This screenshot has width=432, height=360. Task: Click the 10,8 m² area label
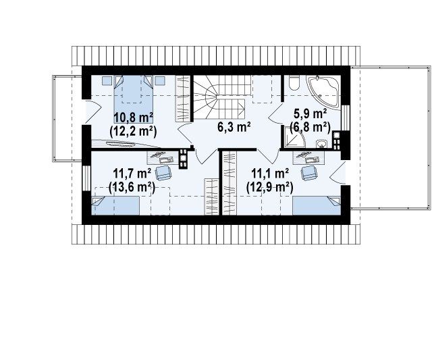point(134,118)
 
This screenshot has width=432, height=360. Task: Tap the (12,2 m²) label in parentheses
point(133,132)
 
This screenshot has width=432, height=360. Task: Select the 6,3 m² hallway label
point(234,127)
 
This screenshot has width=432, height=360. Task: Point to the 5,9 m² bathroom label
point(310,114)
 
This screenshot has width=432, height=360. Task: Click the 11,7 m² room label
point(132,174)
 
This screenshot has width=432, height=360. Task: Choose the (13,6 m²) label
point(132,188)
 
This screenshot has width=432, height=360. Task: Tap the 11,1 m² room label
point(270,174)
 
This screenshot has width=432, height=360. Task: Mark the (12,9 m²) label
point(269,188)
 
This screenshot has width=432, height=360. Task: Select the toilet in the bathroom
point(294,82)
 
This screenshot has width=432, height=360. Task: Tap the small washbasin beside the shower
point(321,144)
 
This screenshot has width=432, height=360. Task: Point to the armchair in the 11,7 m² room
point(163,173)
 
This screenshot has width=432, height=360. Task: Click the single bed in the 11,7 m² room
point(115,205)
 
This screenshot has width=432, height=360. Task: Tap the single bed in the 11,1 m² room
point(317,205)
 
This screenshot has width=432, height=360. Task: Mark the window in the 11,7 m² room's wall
point(86,178)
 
